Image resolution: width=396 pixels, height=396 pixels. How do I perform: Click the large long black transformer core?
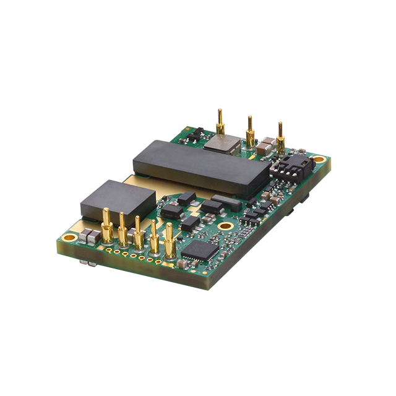point(201,166)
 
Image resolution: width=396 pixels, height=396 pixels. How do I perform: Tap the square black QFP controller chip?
point(199,249)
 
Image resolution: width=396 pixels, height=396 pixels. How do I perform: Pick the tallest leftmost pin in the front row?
point(107,226)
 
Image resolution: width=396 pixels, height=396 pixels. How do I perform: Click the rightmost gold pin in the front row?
point(170,243)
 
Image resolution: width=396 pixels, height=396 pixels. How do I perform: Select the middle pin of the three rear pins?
point(250,131)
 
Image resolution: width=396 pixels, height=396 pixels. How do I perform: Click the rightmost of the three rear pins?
point(280,139)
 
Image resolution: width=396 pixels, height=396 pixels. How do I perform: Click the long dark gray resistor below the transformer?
point(227,202)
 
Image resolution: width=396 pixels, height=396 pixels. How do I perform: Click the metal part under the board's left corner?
point(92,263)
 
